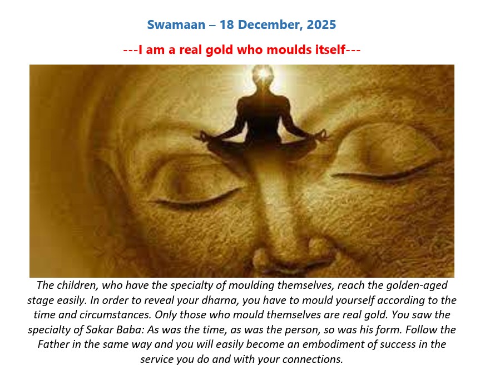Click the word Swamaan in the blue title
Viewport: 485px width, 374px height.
point(176,24)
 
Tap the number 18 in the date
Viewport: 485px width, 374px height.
point(227,24)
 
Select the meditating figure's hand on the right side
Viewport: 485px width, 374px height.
point(321,135)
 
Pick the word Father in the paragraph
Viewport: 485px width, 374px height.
point(53,345)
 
